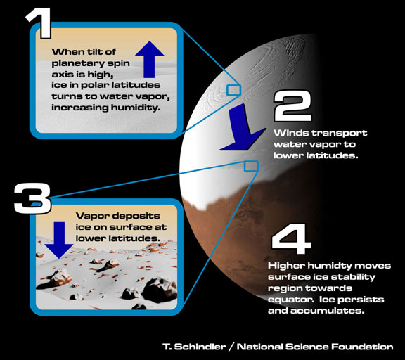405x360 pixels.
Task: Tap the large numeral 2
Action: (292, 106)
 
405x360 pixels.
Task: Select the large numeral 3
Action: (32, 198)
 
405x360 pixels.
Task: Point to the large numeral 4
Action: (291, 239)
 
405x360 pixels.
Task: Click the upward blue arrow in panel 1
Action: (150, 60)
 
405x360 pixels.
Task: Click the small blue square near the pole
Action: (233, 91)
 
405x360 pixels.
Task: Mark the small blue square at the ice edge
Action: (251, 167)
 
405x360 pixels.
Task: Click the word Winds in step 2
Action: (291, 133)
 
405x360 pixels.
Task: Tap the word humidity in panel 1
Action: (136, 108)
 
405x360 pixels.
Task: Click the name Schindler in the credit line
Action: (200, 347)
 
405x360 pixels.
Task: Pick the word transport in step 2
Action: (340, 134)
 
